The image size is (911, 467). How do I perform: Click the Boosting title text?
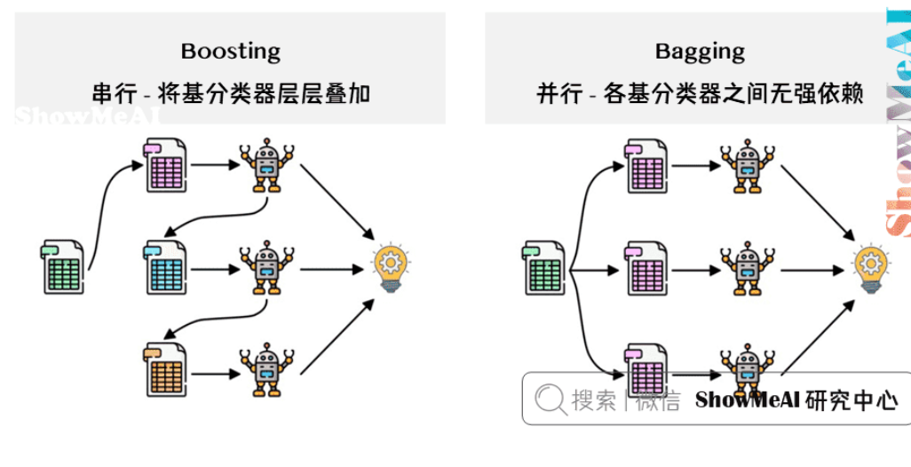coord(230,51)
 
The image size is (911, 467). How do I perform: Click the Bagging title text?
coord(700,51)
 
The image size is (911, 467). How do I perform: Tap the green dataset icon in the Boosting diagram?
coord(62,267)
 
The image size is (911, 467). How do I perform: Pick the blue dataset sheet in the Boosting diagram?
coord(165,267)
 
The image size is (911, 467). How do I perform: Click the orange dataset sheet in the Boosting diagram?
coord(165,369)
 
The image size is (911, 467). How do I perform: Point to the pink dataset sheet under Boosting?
coord(165,165)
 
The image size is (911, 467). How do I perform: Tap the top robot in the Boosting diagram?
coord(266,165)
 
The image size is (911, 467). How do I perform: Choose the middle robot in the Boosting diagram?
coord(266,267)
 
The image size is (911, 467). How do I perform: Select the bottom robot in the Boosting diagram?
coord(266,369)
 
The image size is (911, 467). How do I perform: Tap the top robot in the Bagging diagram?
coord(747,165)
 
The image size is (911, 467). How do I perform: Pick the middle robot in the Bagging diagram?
coord(747,267)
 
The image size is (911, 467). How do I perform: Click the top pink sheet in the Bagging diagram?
coord(646,165)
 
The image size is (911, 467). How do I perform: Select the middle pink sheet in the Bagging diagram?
coord(646,267)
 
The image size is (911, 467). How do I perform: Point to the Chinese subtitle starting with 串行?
coord(230,93)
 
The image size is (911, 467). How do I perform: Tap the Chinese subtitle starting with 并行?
coord(700,93)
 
